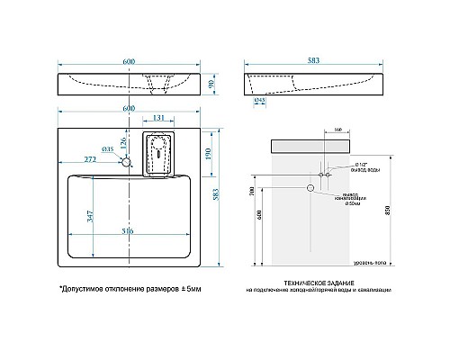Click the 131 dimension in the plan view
(157, 118)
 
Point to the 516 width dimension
(128, 232)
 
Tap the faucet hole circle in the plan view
(127, 164)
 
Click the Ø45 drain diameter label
(260, 101)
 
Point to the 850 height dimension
(412, 209)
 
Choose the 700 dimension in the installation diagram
(255, 194)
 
